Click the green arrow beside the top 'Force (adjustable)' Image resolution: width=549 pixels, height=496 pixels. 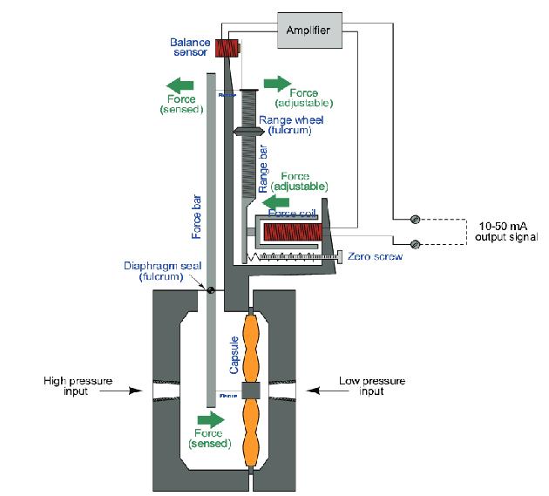tap(278, 84)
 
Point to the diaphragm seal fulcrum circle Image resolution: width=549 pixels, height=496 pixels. tap(211, 289)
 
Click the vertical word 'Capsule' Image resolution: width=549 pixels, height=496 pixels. tap(234, 355)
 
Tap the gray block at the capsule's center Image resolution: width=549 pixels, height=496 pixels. tap(253, 390)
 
